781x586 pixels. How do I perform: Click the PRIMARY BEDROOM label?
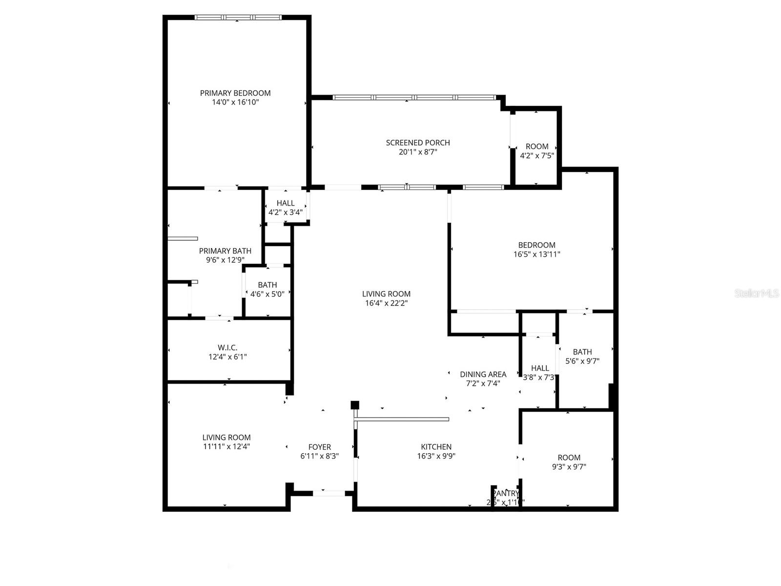[x=235, y=93]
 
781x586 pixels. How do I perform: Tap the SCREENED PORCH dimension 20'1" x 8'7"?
[x=418, y=152]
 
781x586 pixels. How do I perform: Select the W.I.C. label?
[x=227, y=348]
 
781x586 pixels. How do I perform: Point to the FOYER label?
[x=320, y=447]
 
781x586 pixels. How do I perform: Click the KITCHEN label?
[x=436, y=447]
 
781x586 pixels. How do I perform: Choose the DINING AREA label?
[x=483, y=375]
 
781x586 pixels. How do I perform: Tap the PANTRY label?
[x=506, y=493]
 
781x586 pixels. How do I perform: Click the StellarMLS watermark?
[x=756, y=293]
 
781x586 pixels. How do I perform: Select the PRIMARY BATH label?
[x=225, y=251]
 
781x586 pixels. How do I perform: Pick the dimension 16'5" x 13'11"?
[x=536, y=254]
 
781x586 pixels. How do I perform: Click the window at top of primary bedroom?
[x=238, y=18]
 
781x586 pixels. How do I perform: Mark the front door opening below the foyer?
[x=329, y=493]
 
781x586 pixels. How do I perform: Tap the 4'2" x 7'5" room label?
[x=537, y=146]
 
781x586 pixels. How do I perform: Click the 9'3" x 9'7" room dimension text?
[x=569, y=467]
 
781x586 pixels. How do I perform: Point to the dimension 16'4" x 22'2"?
[x=386, y=303]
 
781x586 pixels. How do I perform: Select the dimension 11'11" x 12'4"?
[x=226, y=446]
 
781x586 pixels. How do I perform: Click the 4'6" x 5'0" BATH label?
[x=267, y=285]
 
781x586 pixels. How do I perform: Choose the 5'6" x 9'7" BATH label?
[x=582, y=352]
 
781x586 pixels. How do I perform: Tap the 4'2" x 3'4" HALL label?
[x=286, y=203]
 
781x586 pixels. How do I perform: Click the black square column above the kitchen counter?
[x=355, y=405]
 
